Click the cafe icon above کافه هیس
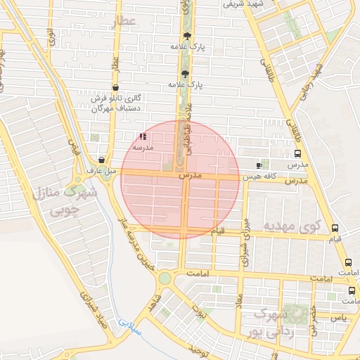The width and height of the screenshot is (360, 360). point(259,165)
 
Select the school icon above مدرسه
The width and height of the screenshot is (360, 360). point(143,137)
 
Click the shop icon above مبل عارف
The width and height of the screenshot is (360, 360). point(103,160)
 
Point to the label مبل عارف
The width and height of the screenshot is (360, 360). point(100,171)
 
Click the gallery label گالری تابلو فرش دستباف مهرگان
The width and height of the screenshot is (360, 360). point(117,103)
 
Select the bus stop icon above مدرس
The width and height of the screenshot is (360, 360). point(298,154)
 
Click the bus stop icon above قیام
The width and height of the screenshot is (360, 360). point(335,229)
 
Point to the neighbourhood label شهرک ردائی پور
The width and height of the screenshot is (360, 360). point(271,322)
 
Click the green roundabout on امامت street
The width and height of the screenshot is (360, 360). point(165,278)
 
